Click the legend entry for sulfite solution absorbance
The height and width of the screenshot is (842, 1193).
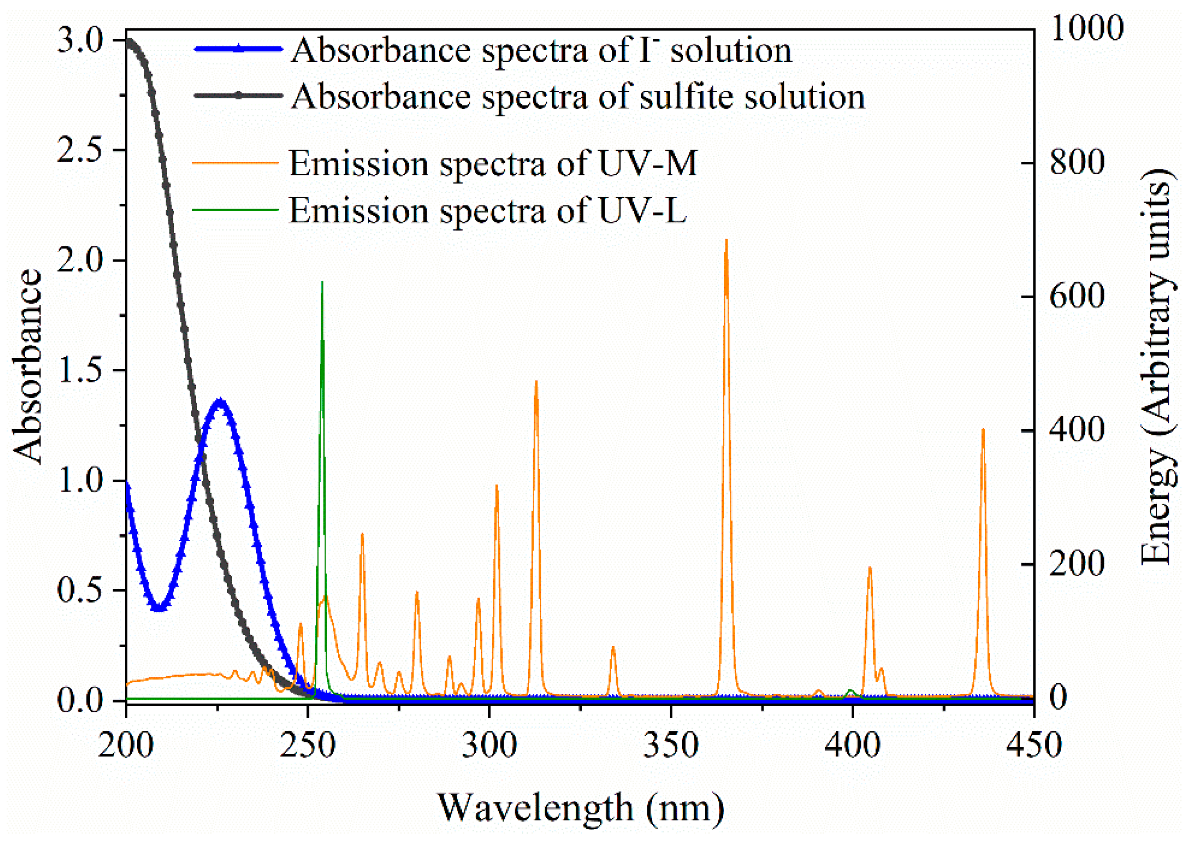577,97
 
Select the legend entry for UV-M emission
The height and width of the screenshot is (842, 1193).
492,164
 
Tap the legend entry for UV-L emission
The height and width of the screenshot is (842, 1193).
487,210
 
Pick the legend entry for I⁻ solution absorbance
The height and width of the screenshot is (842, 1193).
540,50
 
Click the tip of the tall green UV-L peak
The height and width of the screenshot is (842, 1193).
322,282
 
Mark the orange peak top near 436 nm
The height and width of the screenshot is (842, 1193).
983,429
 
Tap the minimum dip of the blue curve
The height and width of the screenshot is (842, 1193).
159,609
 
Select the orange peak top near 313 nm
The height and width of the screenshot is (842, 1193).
536,381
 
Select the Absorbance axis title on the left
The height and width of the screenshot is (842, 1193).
27,367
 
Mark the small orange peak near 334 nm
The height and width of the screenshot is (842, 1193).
613,647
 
